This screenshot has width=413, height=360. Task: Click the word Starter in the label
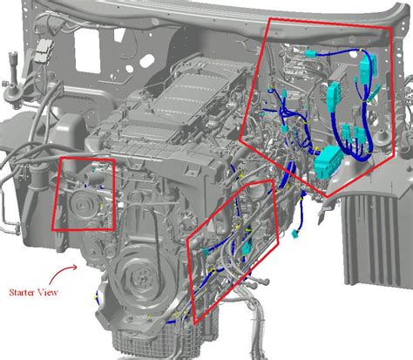point(24,293)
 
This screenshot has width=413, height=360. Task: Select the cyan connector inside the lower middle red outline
point(247,250)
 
